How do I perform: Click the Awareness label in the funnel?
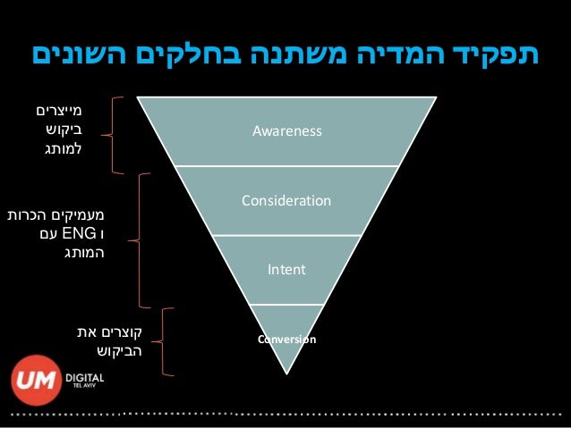coord(285,132)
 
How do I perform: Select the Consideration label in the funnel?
coord(285,201)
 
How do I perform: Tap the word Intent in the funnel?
coord(286,268)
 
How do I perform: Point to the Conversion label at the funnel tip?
coord(285,340)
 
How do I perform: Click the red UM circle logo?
coord(37,381)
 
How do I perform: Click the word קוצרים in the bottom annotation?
coord(117,331)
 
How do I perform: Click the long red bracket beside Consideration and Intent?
coord(141,239)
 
